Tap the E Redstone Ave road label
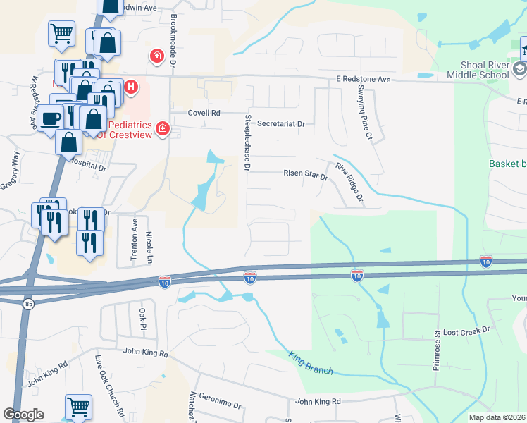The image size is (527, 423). tap(363, 80)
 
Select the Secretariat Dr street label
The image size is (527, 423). tap(281, 123)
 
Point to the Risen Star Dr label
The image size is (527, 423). tap(306, 173)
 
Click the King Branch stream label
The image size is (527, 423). tap(311, 359)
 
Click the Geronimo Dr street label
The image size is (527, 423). tap(220, 406)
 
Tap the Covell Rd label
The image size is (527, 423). tap(204, 113)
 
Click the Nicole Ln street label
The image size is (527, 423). tap(149, 246)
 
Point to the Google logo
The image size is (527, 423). tap(23, 415)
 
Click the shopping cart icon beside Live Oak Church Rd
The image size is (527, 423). tap(78, 407)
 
